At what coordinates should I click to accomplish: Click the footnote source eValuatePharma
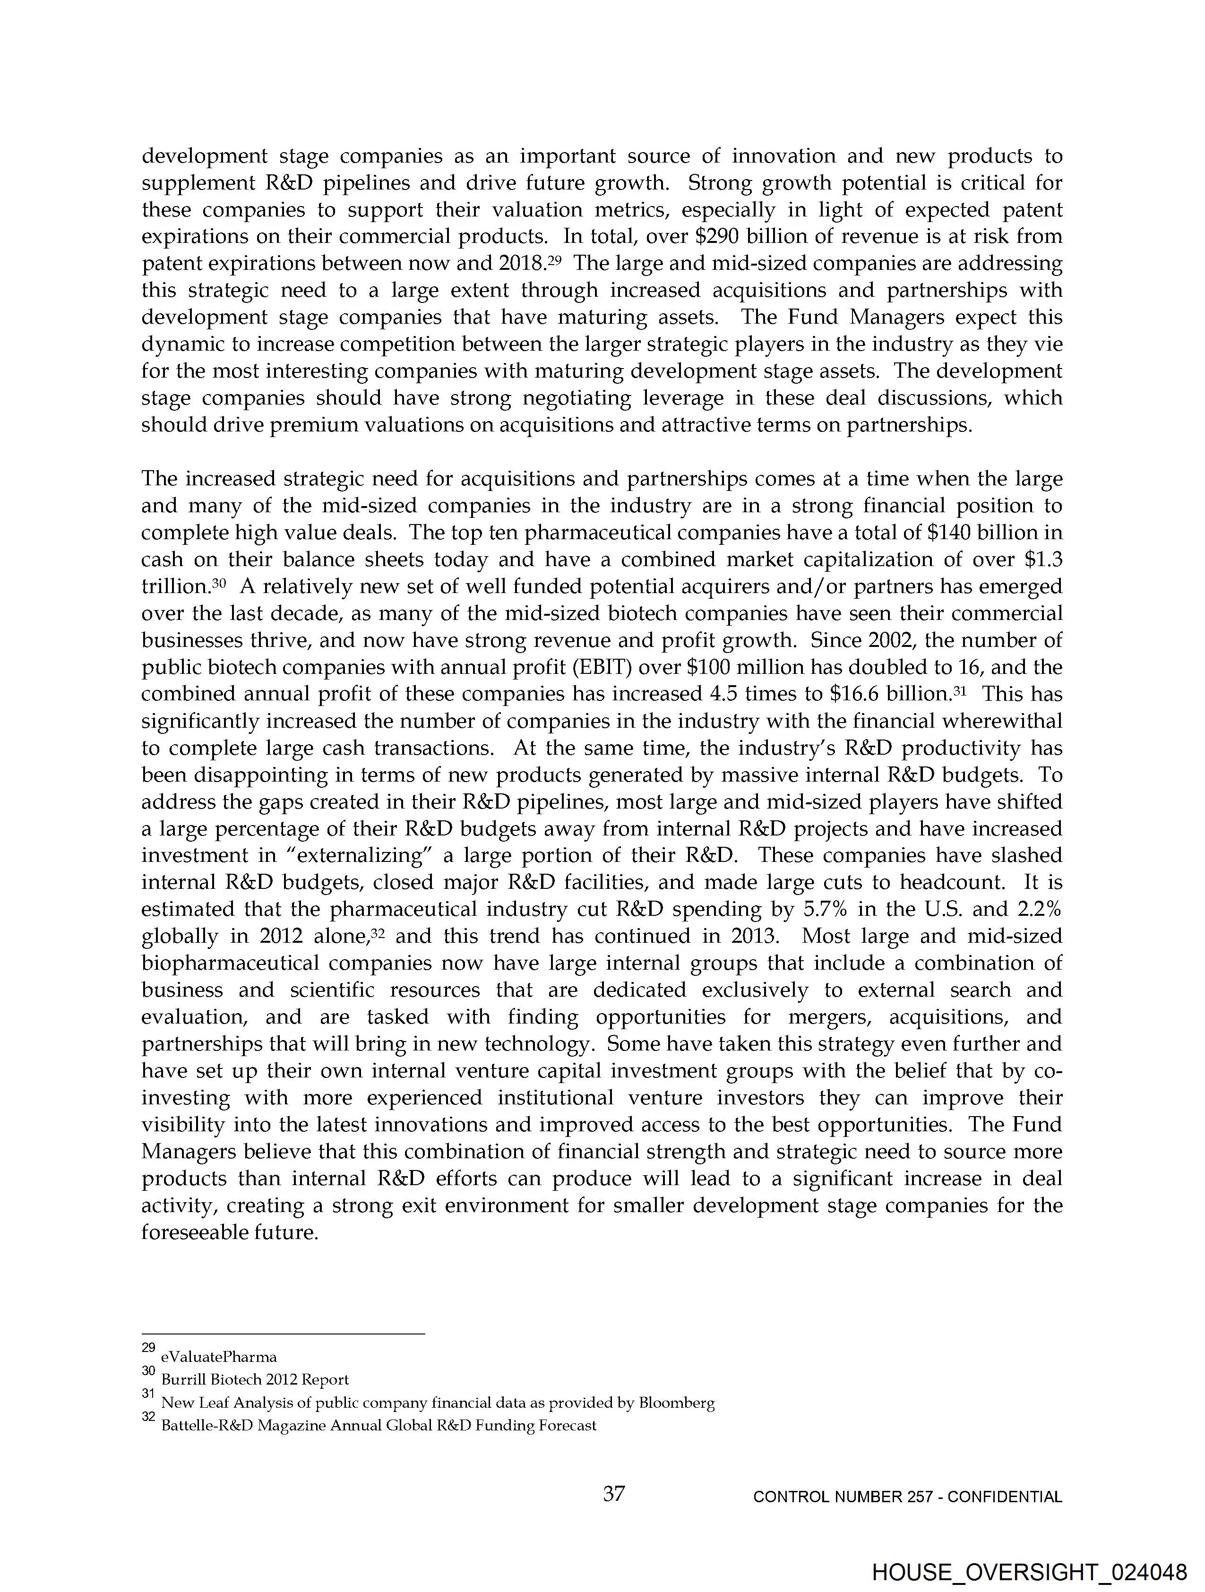click(219, 1357)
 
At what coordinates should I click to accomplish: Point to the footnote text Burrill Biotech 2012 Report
click(255, 1380)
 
